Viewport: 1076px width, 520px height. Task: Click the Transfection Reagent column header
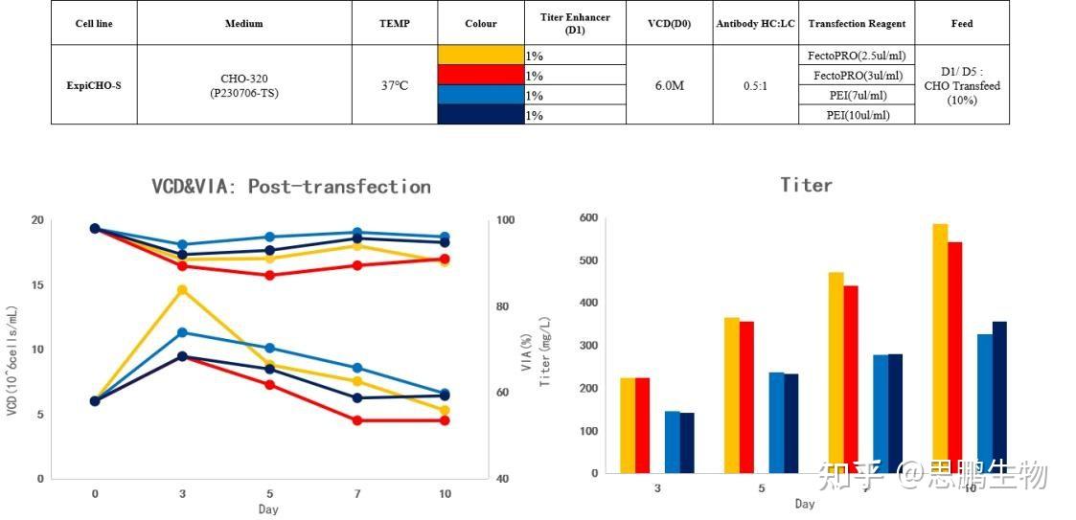click(857, 24)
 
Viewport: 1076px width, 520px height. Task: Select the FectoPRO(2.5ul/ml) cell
click(857, 56)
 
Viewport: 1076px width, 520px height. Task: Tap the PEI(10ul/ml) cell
click(857, 115)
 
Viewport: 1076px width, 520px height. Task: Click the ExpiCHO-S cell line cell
click(94, 85)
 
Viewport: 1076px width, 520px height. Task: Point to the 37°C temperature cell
click(394, 85)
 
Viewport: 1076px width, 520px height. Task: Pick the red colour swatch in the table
click(481, 75)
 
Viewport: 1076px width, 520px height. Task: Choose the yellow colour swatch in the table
click(481, 55)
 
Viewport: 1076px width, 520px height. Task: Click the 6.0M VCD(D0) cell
click(669, 85)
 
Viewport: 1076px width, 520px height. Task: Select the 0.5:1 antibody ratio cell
click(755, 85)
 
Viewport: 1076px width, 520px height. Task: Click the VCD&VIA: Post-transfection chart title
click(291, 187)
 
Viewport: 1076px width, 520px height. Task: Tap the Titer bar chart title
click(806, 185)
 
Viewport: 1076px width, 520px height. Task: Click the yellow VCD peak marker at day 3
click(182, 289)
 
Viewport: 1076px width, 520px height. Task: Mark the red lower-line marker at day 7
click(357, 420)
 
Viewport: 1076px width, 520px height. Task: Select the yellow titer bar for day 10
click(940, 350)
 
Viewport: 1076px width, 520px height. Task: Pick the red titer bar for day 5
click(747, 397)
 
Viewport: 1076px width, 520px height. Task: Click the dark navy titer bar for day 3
click(687, 442)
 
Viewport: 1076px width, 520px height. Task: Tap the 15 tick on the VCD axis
click(38, 285)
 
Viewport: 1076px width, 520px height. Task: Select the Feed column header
click(962, 24)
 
